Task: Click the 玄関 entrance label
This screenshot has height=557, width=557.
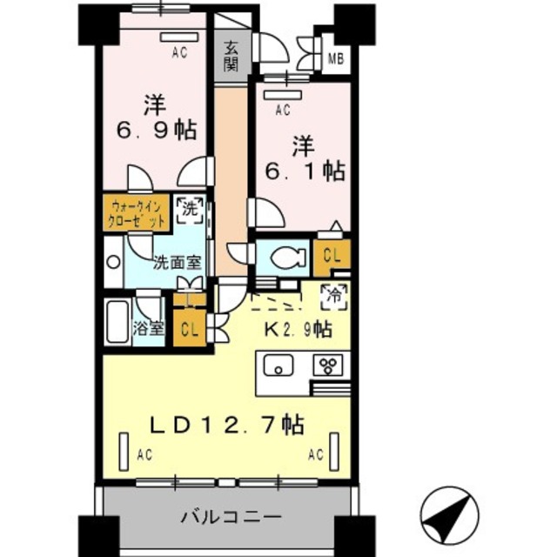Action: pos(231,56)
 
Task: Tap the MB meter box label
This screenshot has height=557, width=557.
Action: pos(336,58)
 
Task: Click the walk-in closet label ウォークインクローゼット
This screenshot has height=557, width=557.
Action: pos(137,214)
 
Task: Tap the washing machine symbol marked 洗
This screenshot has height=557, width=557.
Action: pos(190,210)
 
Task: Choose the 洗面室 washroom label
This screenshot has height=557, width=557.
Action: pos(178,263)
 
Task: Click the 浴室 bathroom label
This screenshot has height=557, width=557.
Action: pos(149,329)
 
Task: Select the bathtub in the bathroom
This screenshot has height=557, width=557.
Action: pos(117,322)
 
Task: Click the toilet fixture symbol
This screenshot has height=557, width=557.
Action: pos(288,258)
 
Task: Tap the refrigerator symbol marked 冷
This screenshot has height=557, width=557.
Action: pos(334,297)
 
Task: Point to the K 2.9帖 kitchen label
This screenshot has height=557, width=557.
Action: pos(298,330)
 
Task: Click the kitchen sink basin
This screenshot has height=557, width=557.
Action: pos(278,365)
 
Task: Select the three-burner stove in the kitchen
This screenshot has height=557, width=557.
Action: pos(328,365)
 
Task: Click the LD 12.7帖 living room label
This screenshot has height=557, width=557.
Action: pos(227,425)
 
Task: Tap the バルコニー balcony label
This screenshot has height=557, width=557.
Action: pos(232,517)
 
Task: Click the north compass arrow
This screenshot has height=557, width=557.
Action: pos(449,515)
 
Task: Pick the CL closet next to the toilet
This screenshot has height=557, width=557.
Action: pos(332,257)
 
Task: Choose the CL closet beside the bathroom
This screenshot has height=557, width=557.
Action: pos(190,330)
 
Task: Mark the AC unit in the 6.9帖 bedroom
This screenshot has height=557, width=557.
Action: pos(178,37)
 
